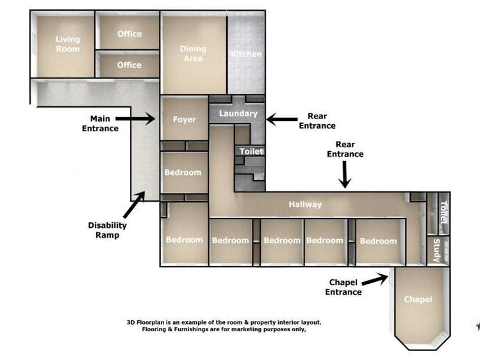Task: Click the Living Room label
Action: [68, 44]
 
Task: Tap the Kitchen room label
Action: [246, 54]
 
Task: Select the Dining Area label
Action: [193, 54]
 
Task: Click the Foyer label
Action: [185, 119]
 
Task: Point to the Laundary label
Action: [238, 113]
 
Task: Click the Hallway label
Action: [305, 204]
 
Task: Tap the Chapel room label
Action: [418, 299]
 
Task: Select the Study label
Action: [437, 250]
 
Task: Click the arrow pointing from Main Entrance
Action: [135, 119]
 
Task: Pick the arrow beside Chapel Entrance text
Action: [375, 279]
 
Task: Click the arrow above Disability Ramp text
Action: [134, 204]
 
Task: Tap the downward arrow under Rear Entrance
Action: [345, 175]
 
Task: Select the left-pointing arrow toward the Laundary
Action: [282, 119]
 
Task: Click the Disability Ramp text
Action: [107, 230]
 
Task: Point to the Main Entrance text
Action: [100, 123]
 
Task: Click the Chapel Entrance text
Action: [343, 287]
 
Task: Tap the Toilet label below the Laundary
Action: [251, 151]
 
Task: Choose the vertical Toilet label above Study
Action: [443, 213]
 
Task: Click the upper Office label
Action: [129, 34]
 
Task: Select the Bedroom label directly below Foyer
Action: [183, 172]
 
